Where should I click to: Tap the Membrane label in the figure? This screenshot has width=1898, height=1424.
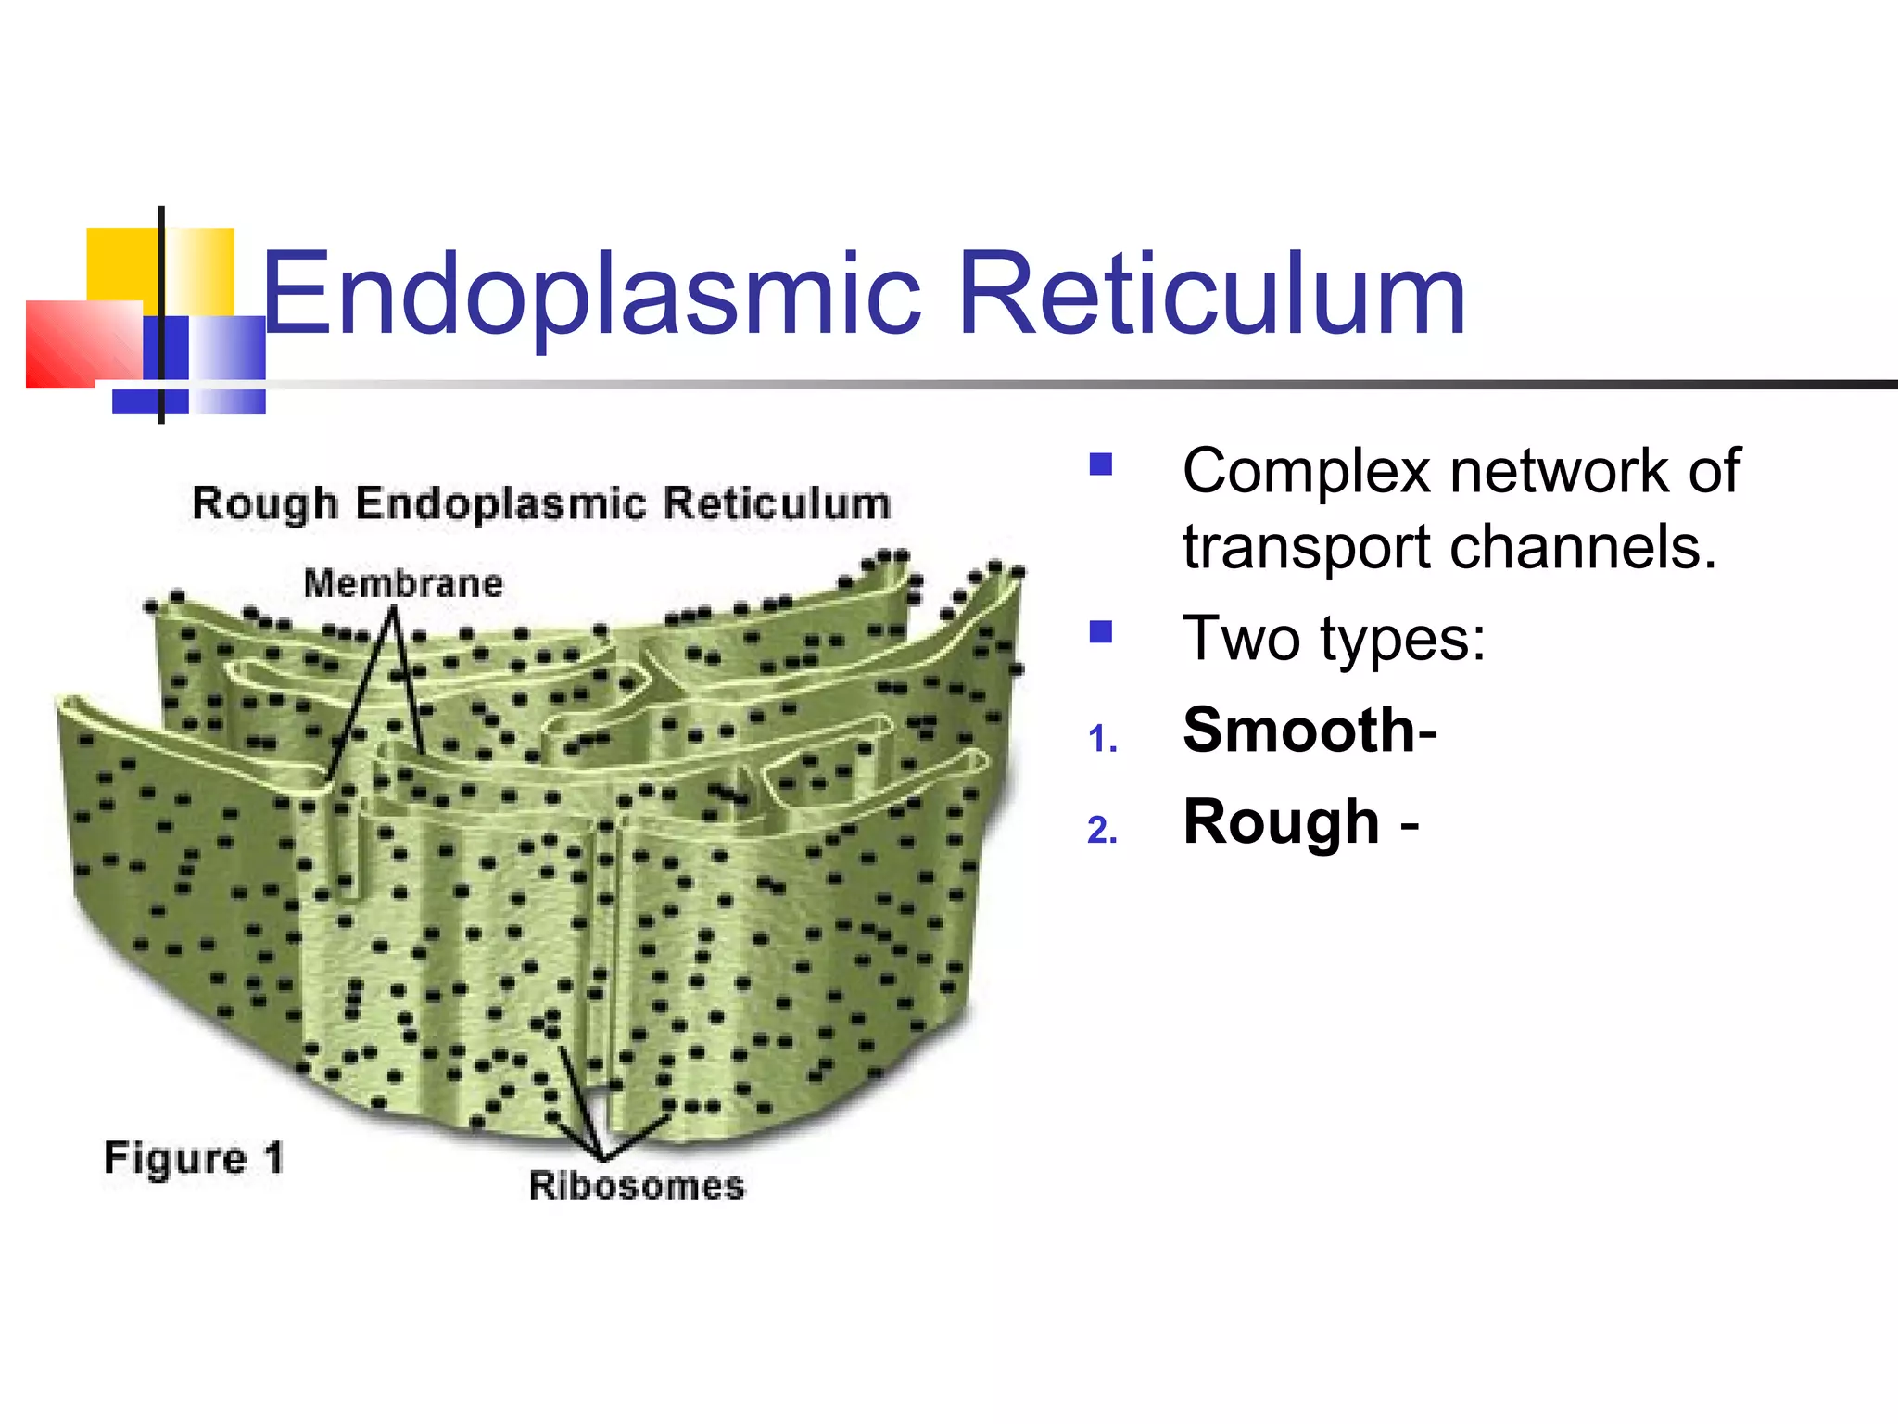click(x=403, y=584)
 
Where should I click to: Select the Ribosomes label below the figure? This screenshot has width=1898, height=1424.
click(x=637, y=1186)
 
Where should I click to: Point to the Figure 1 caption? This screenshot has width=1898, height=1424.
click(x=194, y=1158)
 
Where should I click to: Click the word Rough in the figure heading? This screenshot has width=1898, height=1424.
click(x=265, y=504)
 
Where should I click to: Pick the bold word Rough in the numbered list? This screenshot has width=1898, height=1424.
click(x=1281, y=822)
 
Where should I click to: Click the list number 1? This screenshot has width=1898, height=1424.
click(x=1102, y=740)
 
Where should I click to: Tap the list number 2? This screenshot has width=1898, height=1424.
click(x=1102, y=831)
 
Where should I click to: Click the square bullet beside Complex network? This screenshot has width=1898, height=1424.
click(x=1101, y=464)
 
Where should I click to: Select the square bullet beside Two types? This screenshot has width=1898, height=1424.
click(x=1101, y=632)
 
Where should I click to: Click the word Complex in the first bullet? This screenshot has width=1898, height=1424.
click(x=1307, y=471)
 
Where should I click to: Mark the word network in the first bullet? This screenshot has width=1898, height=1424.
click(x=1562, y=471)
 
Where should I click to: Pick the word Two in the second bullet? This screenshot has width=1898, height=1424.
click(x=1242, y=639)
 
